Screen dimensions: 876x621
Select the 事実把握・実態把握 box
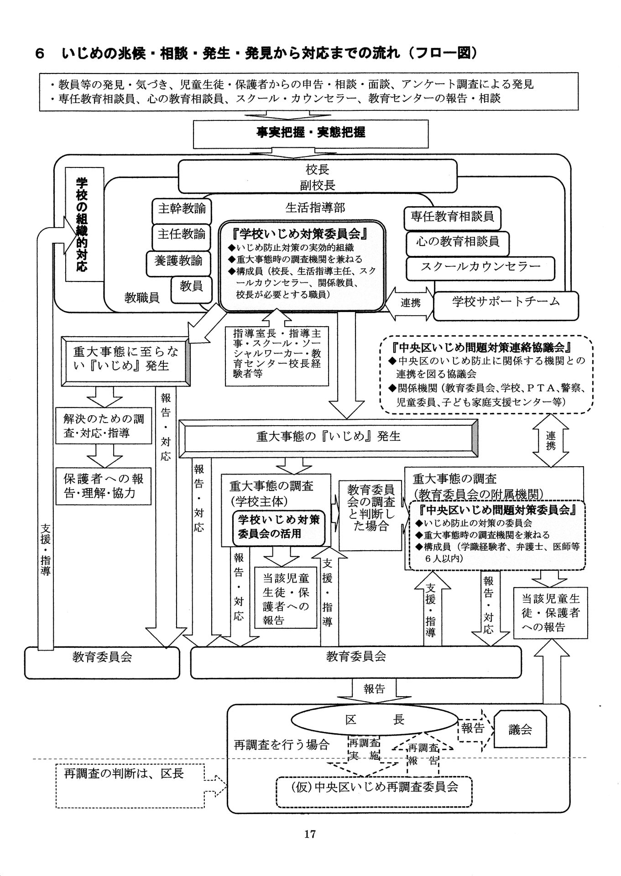tap(310, 133)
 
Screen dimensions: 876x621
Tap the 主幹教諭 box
tap(182, 209)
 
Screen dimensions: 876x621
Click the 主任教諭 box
tap(182, 235)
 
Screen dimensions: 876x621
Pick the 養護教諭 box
tap(178, 261)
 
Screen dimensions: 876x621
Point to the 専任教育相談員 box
tap(452, 217)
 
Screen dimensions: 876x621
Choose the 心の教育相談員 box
tap(457, 242)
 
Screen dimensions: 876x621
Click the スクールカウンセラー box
tap(480, 267)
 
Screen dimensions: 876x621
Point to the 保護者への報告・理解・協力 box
tap(104, 486)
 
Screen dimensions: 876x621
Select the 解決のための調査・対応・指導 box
tap(104, 426)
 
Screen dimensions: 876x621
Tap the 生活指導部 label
tap(315, 208)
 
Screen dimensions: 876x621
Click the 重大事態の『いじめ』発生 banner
tap(328, 437)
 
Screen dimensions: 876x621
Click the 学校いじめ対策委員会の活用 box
tap(279, 527)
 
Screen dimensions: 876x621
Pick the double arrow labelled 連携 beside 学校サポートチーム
tap(410, 302)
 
